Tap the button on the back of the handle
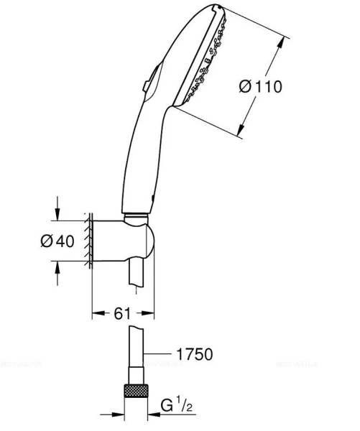tap(147, 86)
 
